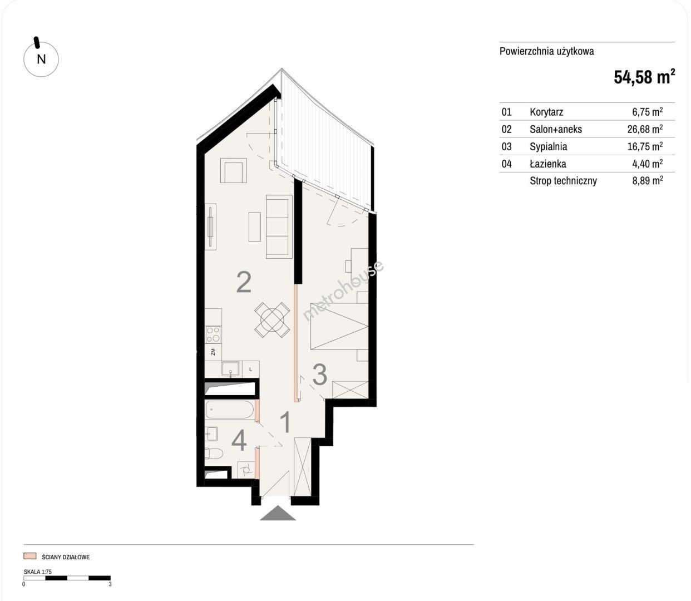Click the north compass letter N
(41, 60)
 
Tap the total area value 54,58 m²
(644, 77)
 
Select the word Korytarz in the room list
(546, 112)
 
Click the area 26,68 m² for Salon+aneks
(645, 129)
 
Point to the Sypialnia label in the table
(548, 146)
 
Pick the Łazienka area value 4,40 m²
(647, 164)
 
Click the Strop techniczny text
(563, 181)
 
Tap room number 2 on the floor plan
(244, 283)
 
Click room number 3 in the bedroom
(319, 375)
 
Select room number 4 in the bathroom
(239, 441)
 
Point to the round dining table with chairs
(272, 319)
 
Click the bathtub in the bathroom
(230, 410)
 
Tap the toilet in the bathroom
(214, 453)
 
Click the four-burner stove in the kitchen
(214, 334)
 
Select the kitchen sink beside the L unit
(231, 368)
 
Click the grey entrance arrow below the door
(278, 513)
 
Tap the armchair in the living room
(233, 171)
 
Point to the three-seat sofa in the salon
(279, 226)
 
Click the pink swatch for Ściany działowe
(29, 556)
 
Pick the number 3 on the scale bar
(110, 584)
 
